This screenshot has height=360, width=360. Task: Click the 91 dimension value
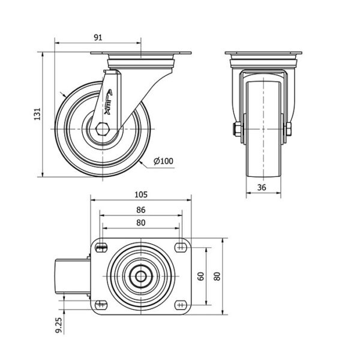pos(98,37)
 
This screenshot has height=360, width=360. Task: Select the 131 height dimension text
pos(37,114)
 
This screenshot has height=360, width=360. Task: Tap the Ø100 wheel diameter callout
pos(163,161)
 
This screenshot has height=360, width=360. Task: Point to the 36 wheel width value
pos(262,188)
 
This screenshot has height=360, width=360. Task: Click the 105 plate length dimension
pos(141,194)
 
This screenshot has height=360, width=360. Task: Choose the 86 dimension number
pos(141,210)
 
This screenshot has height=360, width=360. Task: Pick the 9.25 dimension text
pos(59,325)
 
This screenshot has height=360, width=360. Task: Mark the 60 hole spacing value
pos(200,276)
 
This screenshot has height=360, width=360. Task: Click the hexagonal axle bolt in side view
pos(103,129)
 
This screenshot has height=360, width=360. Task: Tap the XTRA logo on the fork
pos(108,102)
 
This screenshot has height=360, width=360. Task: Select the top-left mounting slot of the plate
pos(101,247)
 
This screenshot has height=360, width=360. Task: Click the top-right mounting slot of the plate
pos(181,247)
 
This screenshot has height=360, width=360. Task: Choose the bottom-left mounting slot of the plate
pos(101,305)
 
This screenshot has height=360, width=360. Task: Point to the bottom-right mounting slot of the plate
pos(181,305)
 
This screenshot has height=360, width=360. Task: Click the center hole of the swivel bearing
pos(140,276)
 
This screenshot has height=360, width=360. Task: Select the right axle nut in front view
pos(289,129)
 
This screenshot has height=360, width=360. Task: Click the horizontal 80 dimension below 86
pos(141,223)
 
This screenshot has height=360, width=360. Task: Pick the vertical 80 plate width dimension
pos(217,276)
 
